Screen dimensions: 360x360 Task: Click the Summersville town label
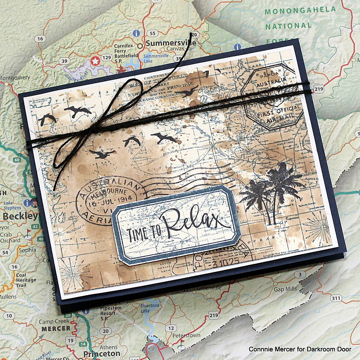[x=171, y=43]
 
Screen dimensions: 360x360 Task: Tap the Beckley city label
[x=20, y=216]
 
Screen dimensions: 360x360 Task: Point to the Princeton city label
[x=101, y=354]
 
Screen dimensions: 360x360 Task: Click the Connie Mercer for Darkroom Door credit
[x=300, y=349]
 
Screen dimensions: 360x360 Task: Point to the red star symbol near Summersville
[x=95, y=61]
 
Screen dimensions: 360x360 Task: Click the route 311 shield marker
[x=337, y=298]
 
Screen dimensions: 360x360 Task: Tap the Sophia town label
[x=27, y=250]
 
